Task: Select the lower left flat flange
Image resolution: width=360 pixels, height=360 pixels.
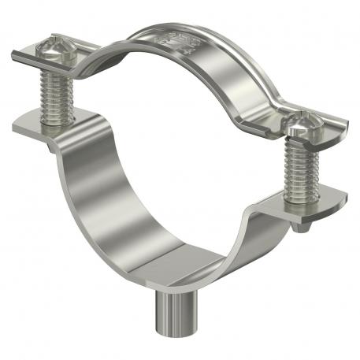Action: [x=35, y=127]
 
